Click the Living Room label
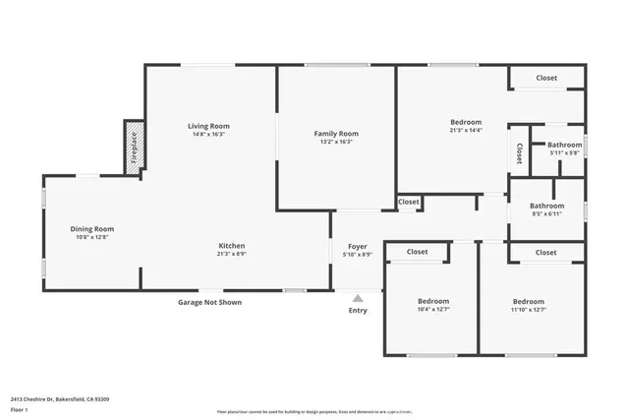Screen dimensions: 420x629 pyautogui.click(x=208, y=126)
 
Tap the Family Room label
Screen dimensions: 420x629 pyautogui.click(x=336, y=133)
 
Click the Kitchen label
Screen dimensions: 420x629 pyautogui.click(x=231, y=246)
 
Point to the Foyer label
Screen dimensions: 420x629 pyautogui.click(x=358, y=246)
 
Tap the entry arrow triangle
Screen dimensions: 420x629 pyautogui.click(x=358, y=296)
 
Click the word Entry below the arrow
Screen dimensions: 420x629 pyautogui.click(x=358, y=311)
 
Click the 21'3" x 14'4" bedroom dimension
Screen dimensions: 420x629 pyautogui.click(x=466, y=130)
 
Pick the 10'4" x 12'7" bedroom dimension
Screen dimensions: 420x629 pyautogui.click(x=432, y=310)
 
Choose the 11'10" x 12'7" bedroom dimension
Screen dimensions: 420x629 pyautogui.click(x=528, y=310)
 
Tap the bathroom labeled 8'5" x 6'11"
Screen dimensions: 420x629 pyautogui.click(x=547, y=213)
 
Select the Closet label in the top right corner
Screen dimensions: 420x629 pyautogui.click(x=546, y=78)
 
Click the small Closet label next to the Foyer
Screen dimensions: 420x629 pyautogui.click(x=409, y=202)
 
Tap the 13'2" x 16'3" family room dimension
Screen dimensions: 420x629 pyautogui.click(x=336, y=142)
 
